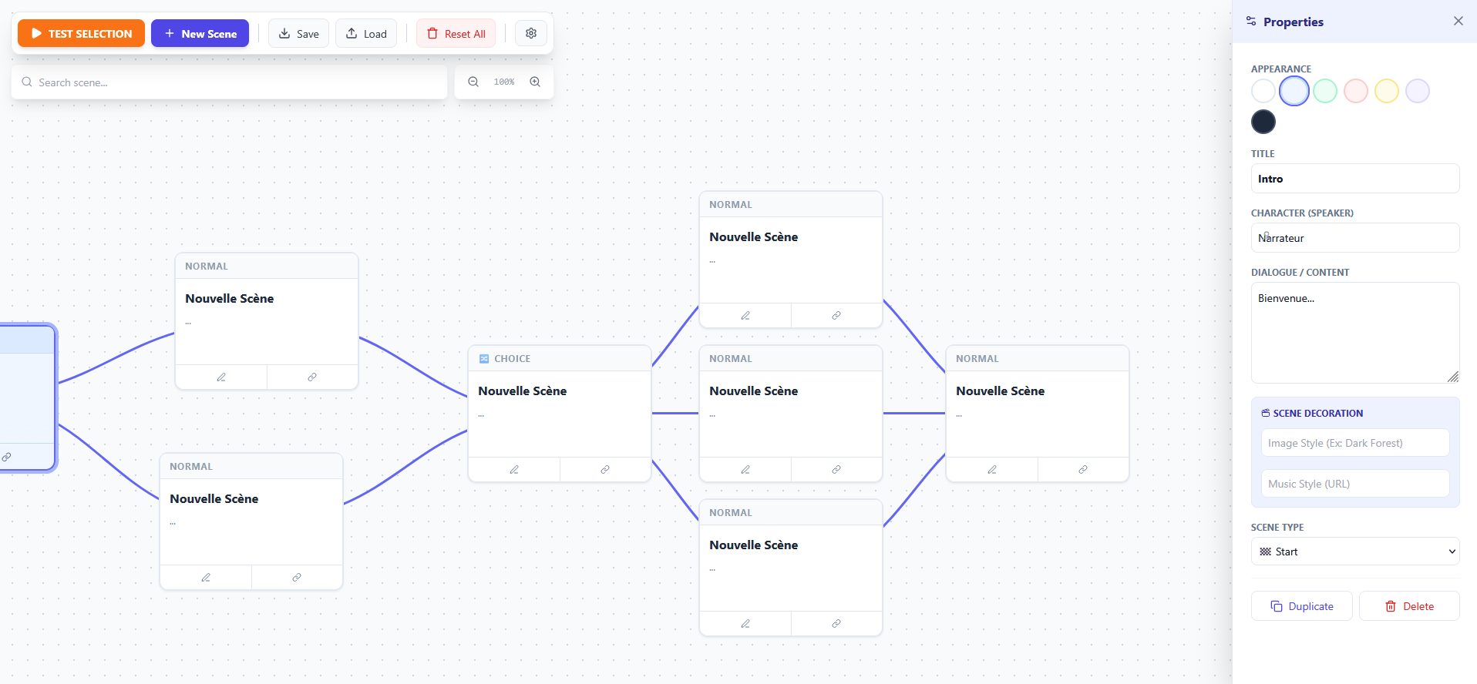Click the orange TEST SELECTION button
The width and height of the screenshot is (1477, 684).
(x=81, y=33)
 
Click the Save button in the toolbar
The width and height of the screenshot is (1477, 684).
(x=298, y=33)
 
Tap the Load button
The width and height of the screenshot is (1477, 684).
(x=366, y=33)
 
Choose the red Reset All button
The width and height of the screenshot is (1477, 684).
(x=456, y=33)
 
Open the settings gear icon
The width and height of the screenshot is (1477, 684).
(x=531, y=33)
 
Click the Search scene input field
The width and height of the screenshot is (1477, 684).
(x=229, y=82)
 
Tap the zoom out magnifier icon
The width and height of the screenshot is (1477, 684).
(x=473, y=82)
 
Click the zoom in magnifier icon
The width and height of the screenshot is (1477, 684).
(x=535, y=82)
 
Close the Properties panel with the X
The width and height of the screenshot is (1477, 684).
(x=1458, y=21)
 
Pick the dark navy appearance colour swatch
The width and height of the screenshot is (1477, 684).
(x=1263, y=122)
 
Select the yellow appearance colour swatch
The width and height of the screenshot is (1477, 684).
(x=1387, y=91)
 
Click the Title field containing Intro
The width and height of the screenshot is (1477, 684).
(x=1355, y=179)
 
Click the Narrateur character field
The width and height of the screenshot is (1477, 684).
(x=1355, y=238)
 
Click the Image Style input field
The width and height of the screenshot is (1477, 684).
(x=1355, y=443)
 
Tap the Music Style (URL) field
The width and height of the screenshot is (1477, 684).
(x=1355, y=484)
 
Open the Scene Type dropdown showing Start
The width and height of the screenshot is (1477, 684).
(x=1355, y=552)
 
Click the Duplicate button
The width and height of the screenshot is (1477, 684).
(x=1302, y=606)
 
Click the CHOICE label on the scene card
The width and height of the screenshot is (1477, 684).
(x=512, y=359)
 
